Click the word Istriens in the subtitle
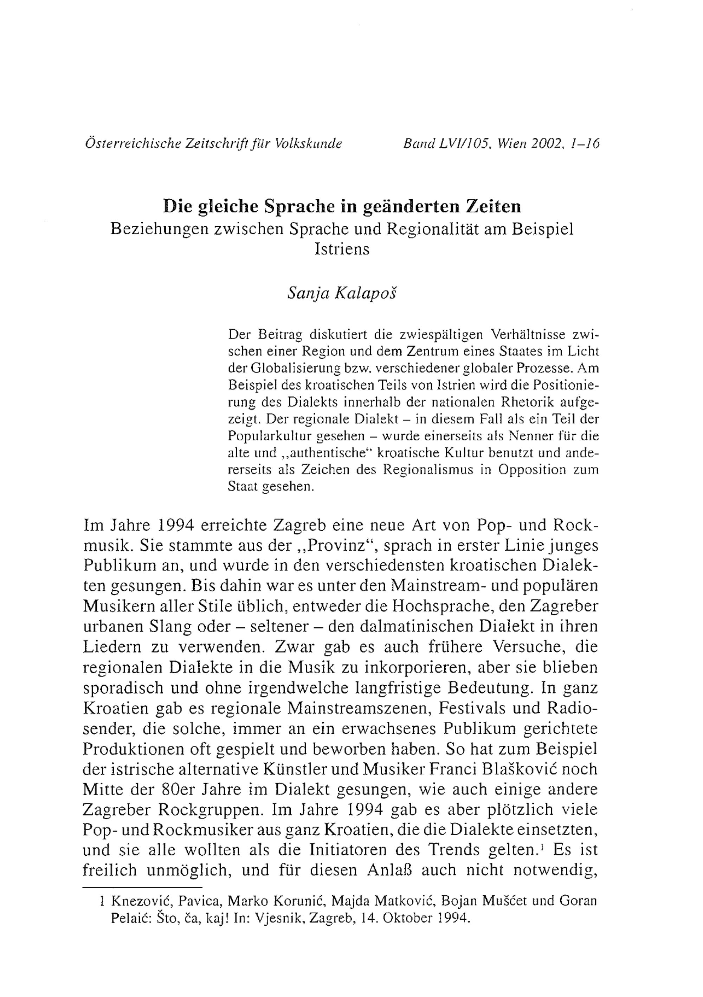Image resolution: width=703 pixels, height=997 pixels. tap(342, 249)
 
